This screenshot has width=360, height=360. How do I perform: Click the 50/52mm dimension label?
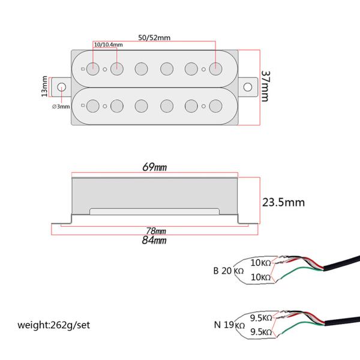pyautogui.click(x=154, y=38)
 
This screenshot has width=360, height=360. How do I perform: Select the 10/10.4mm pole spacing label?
pyautogui.click(x=108, y=45)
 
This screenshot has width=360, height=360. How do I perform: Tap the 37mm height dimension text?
pyautogui.click(x=266, y=87)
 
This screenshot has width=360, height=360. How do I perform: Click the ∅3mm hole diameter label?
pyautogui.click(x=61, y=106)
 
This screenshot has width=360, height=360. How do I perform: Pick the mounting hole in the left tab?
pyautogui.click(x=61, y=86)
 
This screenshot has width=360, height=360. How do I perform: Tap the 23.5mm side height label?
pyautogui.click(x=283, y=202)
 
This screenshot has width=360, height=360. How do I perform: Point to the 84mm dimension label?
pyautogui.click(x=154, y=241)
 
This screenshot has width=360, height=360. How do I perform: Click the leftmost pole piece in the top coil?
pyautogui.click(x=93, y=68)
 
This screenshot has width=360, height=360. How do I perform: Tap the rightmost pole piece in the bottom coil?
pyautogui.click(x=215, y=106)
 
